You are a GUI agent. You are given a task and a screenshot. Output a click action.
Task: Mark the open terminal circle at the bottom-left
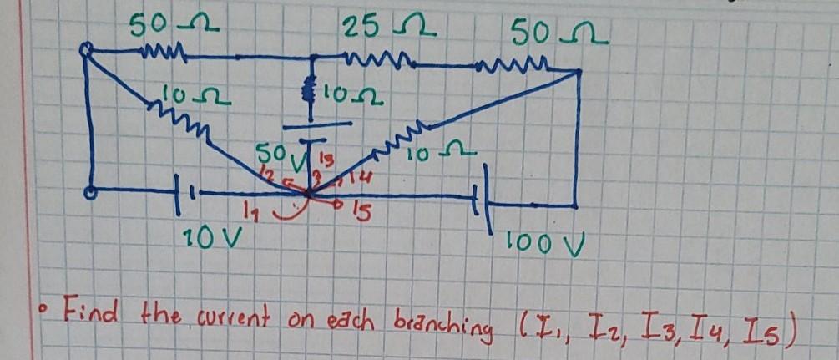90,193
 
